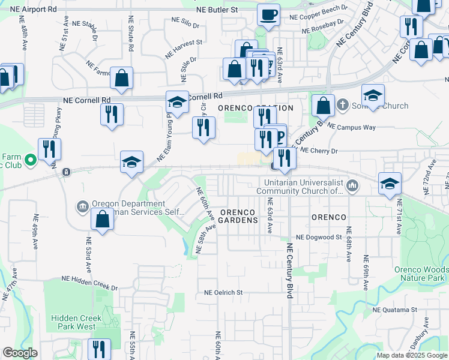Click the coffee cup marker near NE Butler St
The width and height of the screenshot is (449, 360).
point(268,14)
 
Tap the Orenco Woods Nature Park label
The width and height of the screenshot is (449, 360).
point(420,274)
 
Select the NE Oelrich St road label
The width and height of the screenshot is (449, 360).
point(223,293)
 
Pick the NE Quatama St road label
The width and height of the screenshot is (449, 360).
point(394,310)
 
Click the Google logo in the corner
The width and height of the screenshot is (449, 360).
point(20,353)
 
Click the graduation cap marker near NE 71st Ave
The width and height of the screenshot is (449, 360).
point(390,184)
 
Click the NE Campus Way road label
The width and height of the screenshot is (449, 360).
point(355,127)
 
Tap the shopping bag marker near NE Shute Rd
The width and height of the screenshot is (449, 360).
point(121,78)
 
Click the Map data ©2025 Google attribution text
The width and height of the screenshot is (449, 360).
point(412,355)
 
